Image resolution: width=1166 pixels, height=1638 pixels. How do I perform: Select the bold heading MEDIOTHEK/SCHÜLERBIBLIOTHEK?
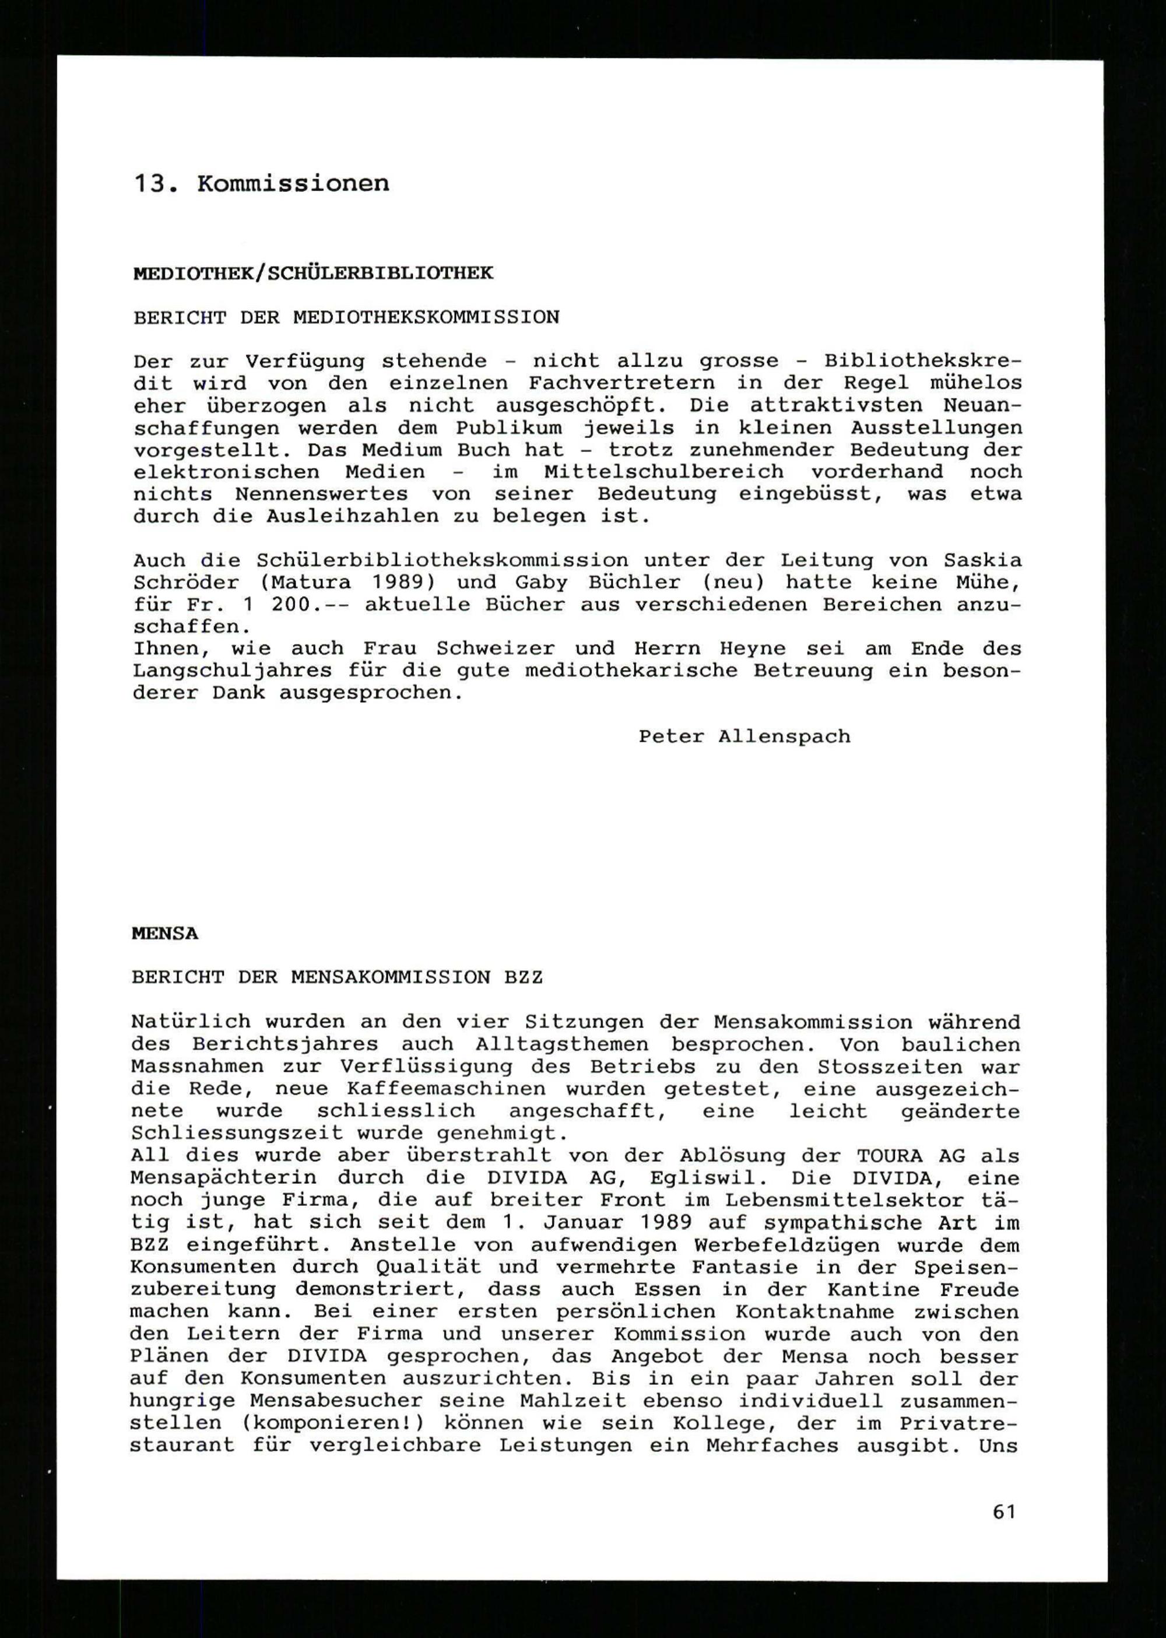313,273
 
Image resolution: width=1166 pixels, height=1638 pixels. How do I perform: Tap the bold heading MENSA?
164,934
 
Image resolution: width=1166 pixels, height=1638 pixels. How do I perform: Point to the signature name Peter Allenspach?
744,736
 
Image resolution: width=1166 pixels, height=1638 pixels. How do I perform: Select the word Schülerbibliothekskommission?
441,560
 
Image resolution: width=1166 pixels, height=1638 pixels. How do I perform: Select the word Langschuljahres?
232,671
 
